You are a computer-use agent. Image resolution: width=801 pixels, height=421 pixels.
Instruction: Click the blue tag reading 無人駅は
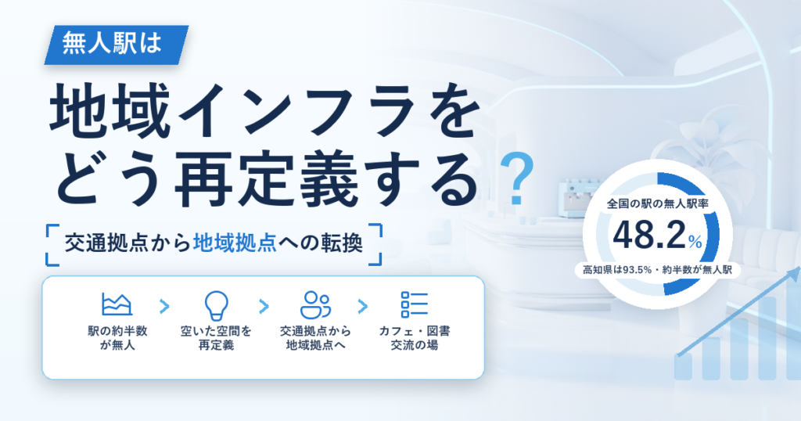tap(117, 45)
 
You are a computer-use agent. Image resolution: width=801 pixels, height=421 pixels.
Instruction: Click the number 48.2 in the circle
tap(648, 235)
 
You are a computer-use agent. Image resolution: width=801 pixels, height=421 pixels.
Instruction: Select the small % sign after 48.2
tap(695, 241)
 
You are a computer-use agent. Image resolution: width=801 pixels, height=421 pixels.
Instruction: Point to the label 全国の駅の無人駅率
tap(657, 204)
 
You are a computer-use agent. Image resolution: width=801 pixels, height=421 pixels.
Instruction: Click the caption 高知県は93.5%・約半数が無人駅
tap(657, 269)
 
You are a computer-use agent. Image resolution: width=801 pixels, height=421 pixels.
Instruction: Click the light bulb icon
tap(216, 305)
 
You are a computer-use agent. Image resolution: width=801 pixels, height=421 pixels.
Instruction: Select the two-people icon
tap(315, 305)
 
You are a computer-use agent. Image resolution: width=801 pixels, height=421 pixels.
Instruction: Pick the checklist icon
tap(415, 304)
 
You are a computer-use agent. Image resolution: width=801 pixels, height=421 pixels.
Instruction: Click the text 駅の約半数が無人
tap(117, 338)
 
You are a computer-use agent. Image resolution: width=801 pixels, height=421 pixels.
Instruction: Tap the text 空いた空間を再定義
tap(216, 338)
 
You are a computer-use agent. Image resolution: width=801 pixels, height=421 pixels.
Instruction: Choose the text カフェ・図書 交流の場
tap(415, 338)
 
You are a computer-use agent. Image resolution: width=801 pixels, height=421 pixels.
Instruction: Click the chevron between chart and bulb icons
tap(164, 307)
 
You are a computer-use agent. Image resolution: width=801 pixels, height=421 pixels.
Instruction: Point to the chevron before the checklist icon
tap(363, 307)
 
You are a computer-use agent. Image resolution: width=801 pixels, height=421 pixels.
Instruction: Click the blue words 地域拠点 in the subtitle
tap(235, 243)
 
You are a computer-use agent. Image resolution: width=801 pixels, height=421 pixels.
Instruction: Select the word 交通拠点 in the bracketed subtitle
tap(106, 243)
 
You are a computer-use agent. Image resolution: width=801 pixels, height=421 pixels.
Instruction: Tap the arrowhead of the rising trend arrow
tap(795, 274)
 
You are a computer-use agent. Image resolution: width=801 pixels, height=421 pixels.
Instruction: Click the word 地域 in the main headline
tap(110, 111)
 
